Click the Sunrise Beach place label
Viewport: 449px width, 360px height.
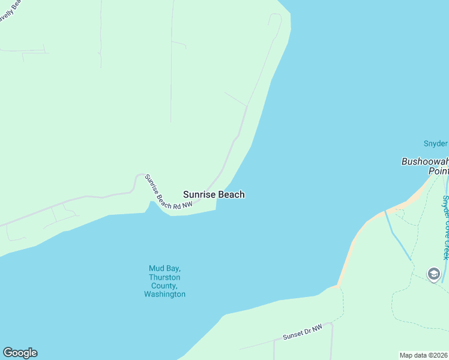click(x=214, y=194)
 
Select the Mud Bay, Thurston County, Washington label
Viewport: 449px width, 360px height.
click(x=164, y=281)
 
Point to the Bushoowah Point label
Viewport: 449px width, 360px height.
click(x=425, y=166)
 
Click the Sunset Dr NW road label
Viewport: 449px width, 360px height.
click(x=303, y=332)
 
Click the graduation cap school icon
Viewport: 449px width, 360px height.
click(x=434, y=274)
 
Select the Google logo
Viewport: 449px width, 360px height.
click(x=20, y=353)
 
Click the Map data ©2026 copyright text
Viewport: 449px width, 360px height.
click(x=424, y=355)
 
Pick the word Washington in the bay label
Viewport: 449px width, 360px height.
click(x=164, y=295)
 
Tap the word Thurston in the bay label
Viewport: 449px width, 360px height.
click(x=164, y=277)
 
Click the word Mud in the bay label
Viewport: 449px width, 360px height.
click(x=156, y=268)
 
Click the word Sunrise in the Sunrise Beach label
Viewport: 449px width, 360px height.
click(x=199, y=194)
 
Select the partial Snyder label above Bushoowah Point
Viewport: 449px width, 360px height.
click(x=436, y=143)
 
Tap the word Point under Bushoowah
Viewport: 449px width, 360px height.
click(x=438, y=171)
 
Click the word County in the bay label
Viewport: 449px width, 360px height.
click(x=164, y=286)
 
